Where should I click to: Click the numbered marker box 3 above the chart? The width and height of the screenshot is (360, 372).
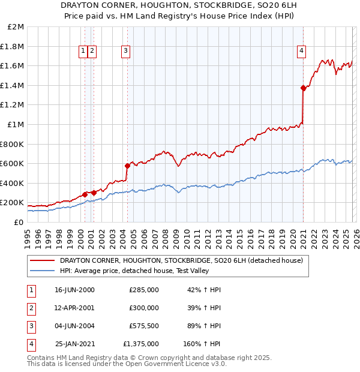125,51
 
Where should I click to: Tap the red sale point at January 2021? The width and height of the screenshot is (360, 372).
303,88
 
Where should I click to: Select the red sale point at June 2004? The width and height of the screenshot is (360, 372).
127,166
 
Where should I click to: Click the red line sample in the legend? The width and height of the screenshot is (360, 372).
43,261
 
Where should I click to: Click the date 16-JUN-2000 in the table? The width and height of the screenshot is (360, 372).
74,290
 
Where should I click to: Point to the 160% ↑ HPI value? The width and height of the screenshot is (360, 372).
202,344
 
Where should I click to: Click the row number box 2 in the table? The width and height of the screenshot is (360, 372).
31,307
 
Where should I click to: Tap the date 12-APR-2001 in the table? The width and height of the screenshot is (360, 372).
74,307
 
